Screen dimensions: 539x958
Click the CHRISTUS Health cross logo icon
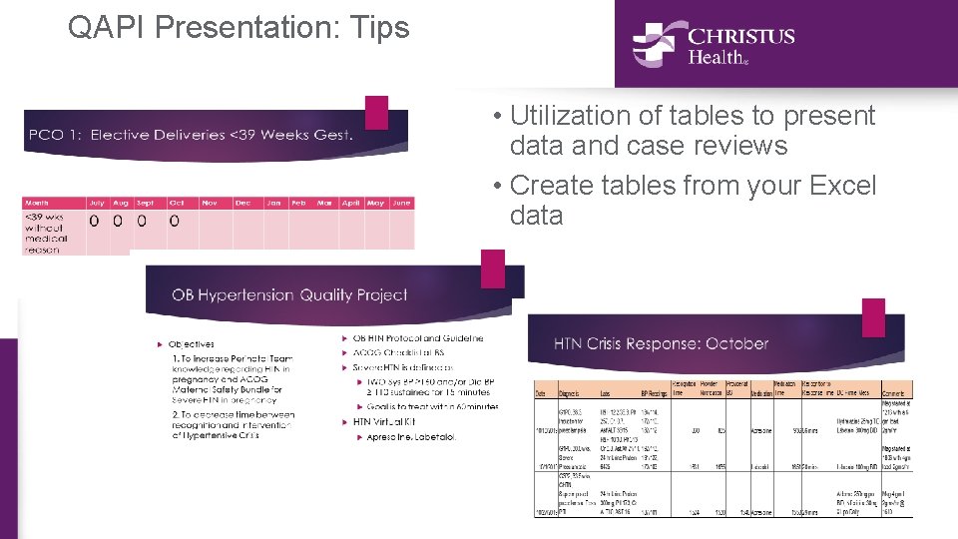(x=654, y=44)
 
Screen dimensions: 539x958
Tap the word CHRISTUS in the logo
(x=740, y=37)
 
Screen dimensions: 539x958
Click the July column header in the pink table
(x=97, y=203)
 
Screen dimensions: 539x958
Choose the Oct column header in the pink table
(x=177, y=203)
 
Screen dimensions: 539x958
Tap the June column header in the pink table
(x=401, y=203)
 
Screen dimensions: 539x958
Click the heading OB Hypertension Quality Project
(x=289, y=294)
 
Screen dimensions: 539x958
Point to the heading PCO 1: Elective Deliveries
(x=191, y=135)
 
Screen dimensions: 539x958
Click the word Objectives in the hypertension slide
(x=191, y=344)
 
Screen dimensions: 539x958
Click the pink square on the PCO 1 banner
(x=376, y=112)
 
